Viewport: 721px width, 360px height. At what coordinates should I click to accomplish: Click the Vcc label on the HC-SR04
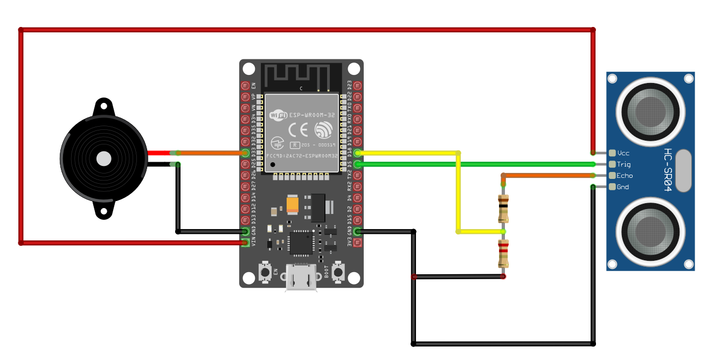[x=623, y=153]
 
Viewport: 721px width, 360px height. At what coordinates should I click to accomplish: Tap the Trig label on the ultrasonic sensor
[x=623, y=164]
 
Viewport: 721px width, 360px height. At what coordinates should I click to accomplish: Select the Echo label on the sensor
[x=625, y=176]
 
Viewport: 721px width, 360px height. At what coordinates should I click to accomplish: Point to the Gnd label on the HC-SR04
[x=623, y=187]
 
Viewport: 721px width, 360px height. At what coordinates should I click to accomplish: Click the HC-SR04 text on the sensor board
[x=668, y=170]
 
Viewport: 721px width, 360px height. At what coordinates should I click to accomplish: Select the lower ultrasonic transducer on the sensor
[x=650, y=231]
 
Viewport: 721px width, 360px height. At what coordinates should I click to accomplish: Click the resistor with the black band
[x=503, y=209]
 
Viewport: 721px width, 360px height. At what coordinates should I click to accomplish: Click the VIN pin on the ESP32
[x=246, y=243]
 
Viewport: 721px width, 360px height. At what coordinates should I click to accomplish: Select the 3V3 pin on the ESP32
[x=357, y=243]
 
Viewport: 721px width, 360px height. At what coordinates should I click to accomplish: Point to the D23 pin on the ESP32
[x=357, y=85]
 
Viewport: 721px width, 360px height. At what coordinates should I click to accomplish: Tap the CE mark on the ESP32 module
[x=298, y=130]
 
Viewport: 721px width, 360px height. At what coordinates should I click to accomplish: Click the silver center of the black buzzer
[x=103, y=158]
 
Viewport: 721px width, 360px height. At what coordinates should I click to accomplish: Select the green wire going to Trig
[x=474, y=164]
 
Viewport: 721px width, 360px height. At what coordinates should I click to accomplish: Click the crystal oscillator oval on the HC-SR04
[x=682, y=170]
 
